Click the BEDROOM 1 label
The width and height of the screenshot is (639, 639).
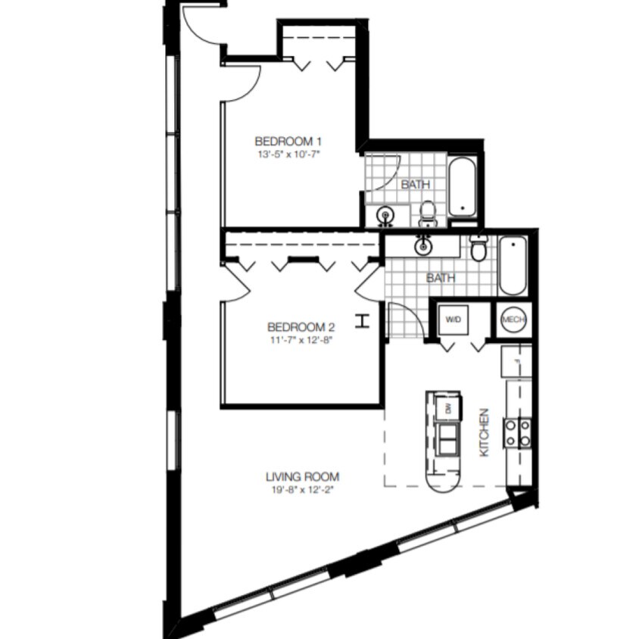pyautogui.click(x=288, y=141)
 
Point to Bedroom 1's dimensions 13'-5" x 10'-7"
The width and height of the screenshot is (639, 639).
pyautogui.click(x=288, y=154)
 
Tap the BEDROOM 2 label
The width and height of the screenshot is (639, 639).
pyautogui.click(x=301, y=327)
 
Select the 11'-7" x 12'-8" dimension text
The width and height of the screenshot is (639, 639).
pyautogui.click(x=301, y=340)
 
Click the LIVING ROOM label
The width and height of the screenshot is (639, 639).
pyautogui.click(x=302, y=477)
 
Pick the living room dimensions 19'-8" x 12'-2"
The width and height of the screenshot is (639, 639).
pyautogui.click(x=302, y=490)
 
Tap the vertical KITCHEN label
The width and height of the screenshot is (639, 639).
pyautogui.click(x=485, y=432)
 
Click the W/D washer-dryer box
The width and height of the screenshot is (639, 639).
pyautogui.click(x=453, y=319)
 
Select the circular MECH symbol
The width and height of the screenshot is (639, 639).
pyautogui.click(x=514, y=319)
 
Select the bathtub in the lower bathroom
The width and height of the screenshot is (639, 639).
pyautogui.click(x=513, y=265)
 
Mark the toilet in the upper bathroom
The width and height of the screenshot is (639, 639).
pyautogui.click(x=428, y=214)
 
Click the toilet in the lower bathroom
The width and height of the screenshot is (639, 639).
pyautogui.click(x=478, y=248)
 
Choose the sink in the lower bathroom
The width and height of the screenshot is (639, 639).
pyautogui.click(x=422, y=245)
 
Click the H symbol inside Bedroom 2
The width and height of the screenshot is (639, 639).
pyautogui.click(x=363, y=321)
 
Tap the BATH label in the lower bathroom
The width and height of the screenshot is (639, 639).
pyautogui.click(x=440, y=278)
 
